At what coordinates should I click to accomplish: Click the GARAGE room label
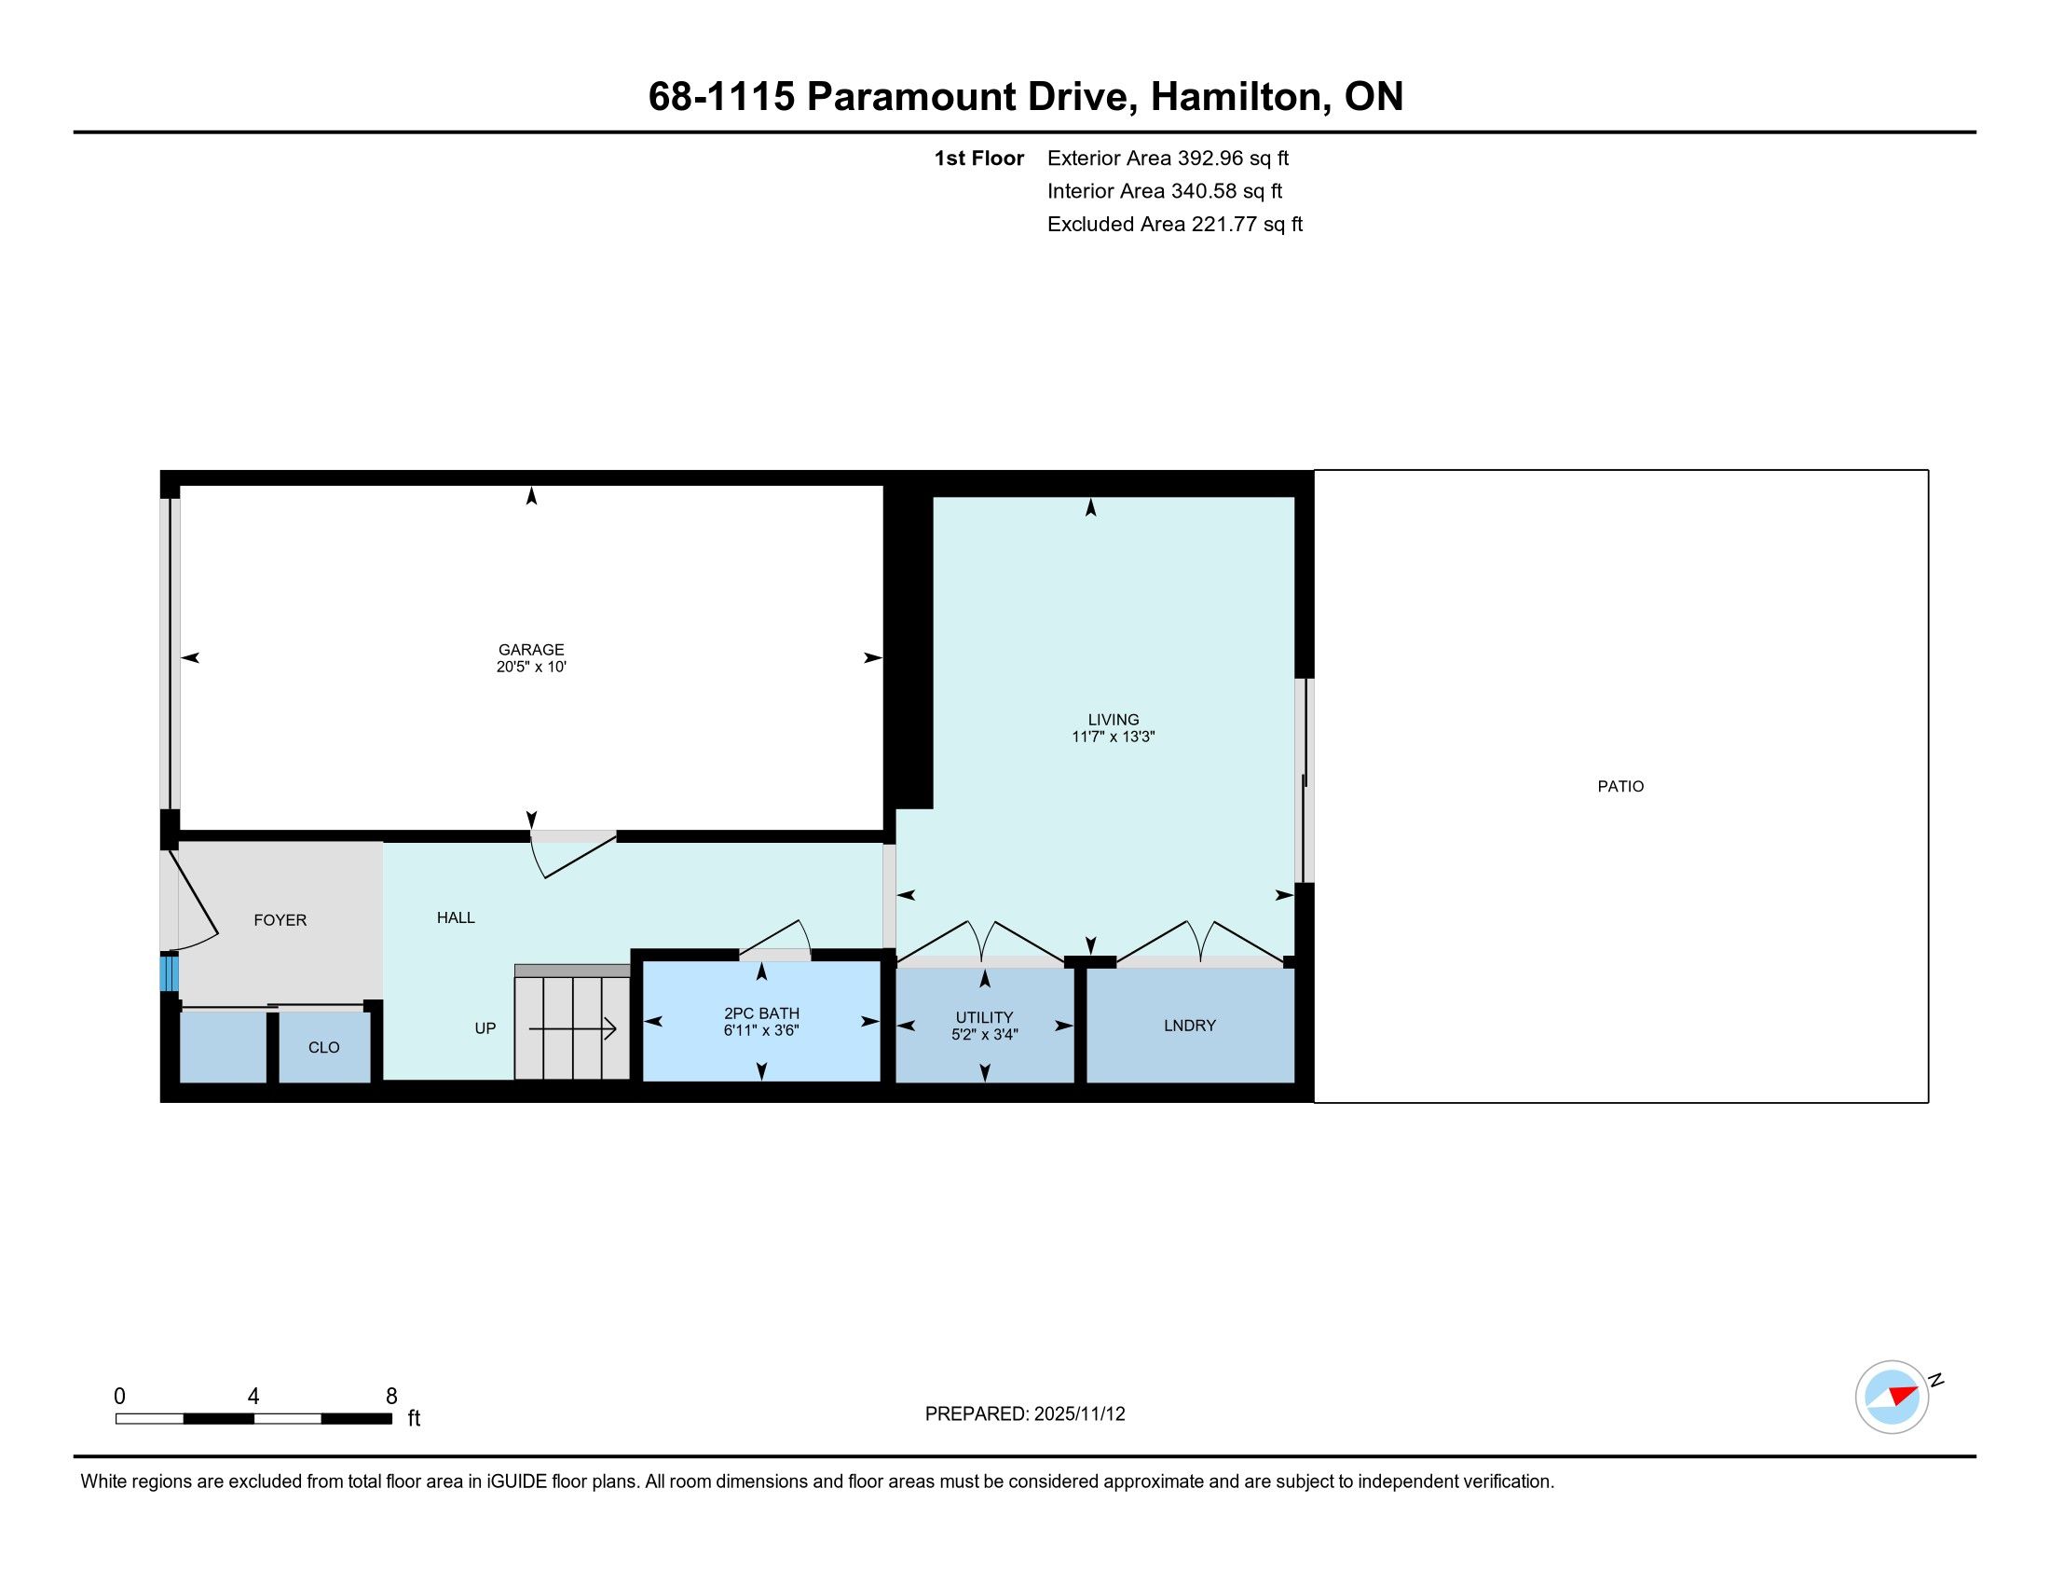coord(531,650)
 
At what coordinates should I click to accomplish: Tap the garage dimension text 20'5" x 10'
coord(531,668)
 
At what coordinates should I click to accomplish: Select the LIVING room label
coord(1114,720)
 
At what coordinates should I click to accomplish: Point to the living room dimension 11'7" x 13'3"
coord(1114,737)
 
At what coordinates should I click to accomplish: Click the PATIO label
coord(1621,787)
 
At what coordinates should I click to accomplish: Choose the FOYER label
coord(280,920)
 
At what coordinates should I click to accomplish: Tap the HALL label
coord(457,917)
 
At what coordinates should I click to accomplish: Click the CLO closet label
coord(324,1048)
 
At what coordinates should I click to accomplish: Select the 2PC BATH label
coord(761,1014)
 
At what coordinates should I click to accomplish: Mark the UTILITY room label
coord(985,1018)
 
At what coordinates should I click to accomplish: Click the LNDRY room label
coord(1190,1026)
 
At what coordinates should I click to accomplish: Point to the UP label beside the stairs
coord(485,1028)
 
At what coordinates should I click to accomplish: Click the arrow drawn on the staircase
coord(572,1029)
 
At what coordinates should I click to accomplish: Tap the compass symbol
coord(1893,1397)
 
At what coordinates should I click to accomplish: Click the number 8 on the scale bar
coord(391,1397)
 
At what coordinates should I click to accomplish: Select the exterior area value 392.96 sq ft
coord(1234,158)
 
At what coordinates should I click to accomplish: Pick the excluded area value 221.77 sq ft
coord(1248,225)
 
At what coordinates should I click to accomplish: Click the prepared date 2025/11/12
coord(1079,1414)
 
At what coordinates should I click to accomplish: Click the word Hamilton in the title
coord(1240,97)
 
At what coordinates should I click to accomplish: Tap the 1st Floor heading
coord(979,158)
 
